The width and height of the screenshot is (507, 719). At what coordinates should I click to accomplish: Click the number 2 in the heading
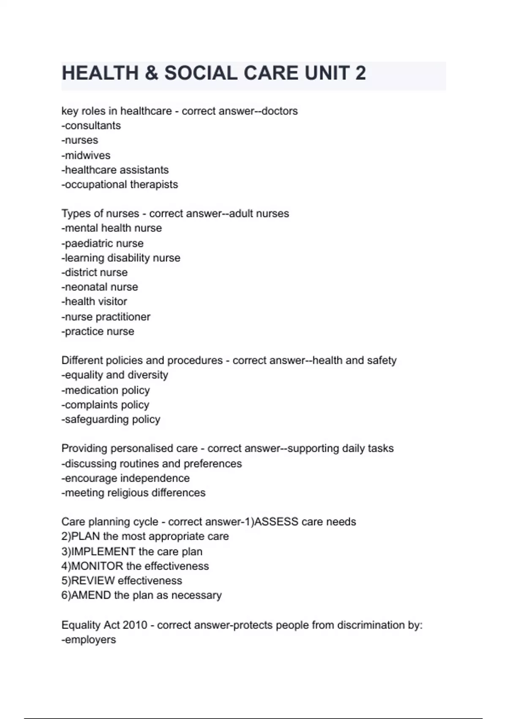pyautogui.click(x=360, y=73)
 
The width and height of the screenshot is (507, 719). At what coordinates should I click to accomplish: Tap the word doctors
pyautogui.click(x=280, y=111)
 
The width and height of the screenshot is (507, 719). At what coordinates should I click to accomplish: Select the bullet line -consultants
pyautogui.click(x=91, y=126)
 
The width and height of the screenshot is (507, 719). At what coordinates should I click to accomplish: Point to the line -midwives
pyautogui.click(x=86, y=155)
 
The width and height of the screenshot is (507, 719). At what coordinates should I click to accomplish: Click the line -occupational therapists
pyautogui.click(x=120, y=184)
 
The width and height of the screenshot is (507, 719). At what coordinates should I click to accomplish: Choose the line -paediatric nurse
pyautogui.click(x=103, y=243)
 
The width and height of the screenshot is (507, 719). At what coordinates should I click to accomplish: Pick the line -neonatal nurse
pyautogui.click(x=100, y=287)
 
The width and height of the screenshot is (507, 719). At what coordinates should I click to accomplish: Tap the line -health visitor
pyautogui.click(x=95, y=302)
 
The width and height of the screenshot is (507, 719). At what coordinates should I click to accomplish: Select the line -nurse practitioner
pyautogui.click(x=106, y=317)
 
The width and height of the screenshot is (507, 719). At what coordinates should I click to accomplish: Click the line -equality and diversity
pyautogui.click(x=115, y=375)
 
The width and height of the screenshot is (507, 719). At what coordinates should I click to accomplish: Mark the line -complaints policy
pyautogui.click(x=106, y=405)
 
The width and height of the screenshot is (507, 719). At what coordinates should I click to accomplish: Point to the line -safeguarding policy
pyautogui.click(x=111, y=419)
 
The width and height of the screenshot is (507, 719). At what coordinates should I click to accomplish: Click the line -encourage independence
pyautogui.click(x=126, y=478)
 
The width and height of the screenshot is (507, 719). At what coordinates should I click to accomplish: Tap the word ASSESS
pyautogui.click(x=276, y=521)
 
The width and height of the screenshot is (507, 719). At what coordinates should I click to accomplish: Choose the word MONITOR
pyautogui.click(x=98, y=566)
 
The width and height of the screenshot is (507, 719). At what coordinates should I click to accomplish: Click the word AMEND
pyautogui.click(x=91, y=595)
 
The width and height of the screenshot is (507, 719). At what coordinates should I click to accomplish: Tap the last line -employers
pyautogui.click(x=89, y=639)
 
